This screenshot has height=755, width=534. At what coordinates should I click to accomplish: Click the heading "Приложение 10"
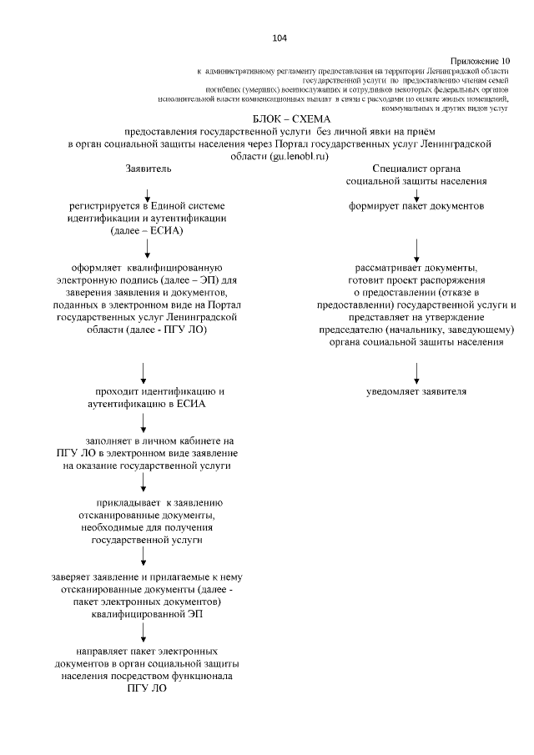click(479, 61)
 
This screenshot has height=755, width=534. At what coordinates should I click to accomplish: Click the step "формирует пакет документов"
click(416, 205)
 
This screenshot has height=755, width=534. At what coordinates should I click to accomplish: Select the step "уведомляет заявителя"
click(416, 391)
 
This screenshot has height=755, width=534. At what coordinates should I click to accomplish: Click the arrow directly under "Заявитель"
click(147, 194)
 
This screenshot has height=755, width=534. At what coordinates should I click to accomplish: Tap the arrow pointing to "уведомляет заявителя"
click(416, 373)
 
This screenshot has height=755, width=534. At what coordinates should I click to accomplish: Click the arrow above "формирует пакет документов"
click(416, 194)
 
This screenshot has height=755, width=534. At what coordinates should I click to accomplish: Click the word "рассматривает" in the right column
click(388, 268)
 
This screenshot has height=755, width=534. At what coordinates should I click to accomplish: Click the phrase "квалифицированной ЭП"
click(147, 614)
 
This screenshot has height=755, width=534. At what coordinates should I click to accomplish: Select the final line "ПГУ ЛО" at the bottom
click(147, 689)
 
